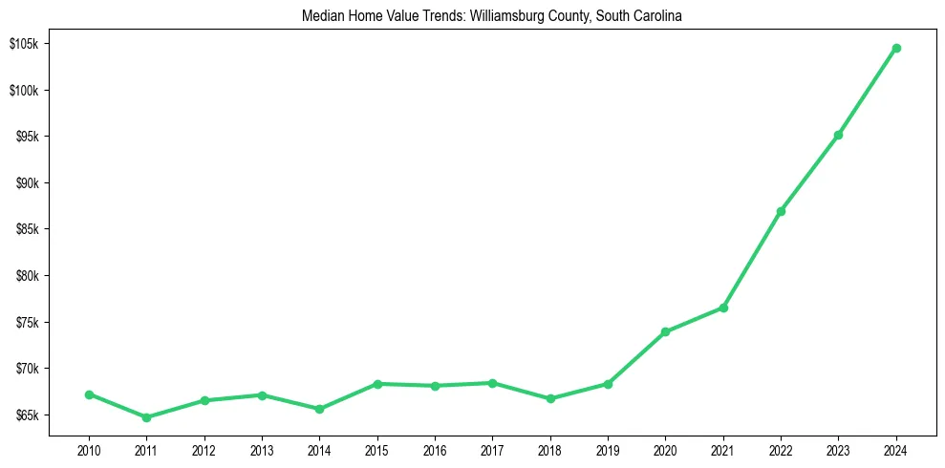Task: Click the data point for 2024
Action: pos(896,48)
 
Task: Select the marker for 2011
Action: pos(146,417)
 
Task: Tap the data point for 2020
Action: pos(665,331)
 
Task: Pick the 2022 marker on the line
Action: pos(781,211)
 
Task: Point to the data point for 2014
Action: pos(319,409)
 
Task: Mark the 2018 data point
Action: pos(550,398)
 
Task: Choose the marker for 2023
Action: pos(838,135)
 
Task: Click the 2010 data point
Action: pos(89,394)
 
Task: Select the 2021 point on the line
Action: pos(723,308)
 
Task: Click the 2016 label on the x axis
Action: pos(435,449)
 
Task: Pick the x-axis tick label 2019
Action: pos(608,449)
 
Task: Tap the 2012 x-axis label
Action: pos(204,449)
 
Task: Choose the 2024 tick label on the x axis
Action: pos(896,449)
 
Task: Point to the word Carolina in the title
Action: pos(658,16)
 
